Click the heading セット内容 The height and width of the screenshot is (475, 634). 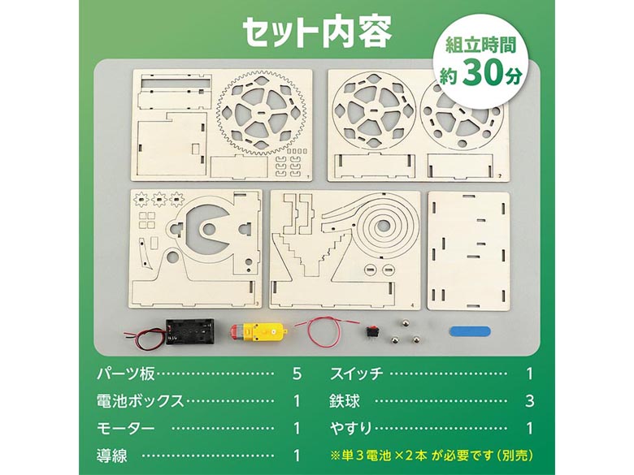click(x=317, y=32)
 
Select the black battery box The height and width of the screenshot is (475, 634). click(x=189, y=330)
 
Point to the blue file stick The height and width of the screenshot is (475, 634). click(x=470, y=331)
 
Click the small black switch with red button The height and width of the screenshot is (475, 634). click(x=369, y=330)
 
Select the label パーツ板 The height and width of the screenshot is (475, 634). click(x=126, y=374)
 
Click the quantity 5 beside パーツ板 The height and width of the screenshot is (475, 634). click(x=297, y=374)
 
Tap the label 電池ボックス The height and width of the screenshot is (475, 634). click(x=141, y=401)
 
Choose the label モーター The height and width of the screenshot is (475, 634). click(x=126, y=428)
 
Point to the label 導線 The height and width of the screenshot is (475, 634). click(x=111, y=456)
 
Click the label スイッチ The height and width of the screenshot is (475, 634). click(x=356, y=374)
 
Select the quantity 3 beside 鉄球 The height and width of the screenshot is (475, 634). click(x=530, y=401)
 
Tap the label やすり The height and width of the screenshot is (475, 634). click(x=350, y=428)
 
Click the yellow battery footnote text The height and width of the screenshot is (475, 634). click(x=432, y=456)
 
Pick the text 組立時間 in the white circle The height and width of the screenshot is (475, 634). click(x=480, y=45)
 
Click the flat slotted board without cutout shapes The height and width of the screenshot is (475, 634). click(x=469, y=250)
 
